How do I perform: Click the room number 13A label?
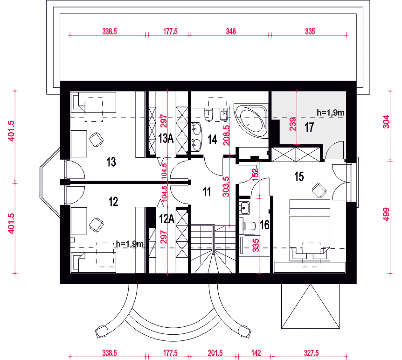[166, 138]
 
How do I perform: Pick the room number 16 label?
[264, 225]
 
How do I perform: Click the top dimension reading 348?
[230, 32]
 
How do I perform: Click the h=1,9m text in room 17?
[330, 112]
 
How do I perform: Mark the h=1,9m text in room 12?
[129, 243]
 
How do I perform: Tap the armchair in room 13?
[96, 139]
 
